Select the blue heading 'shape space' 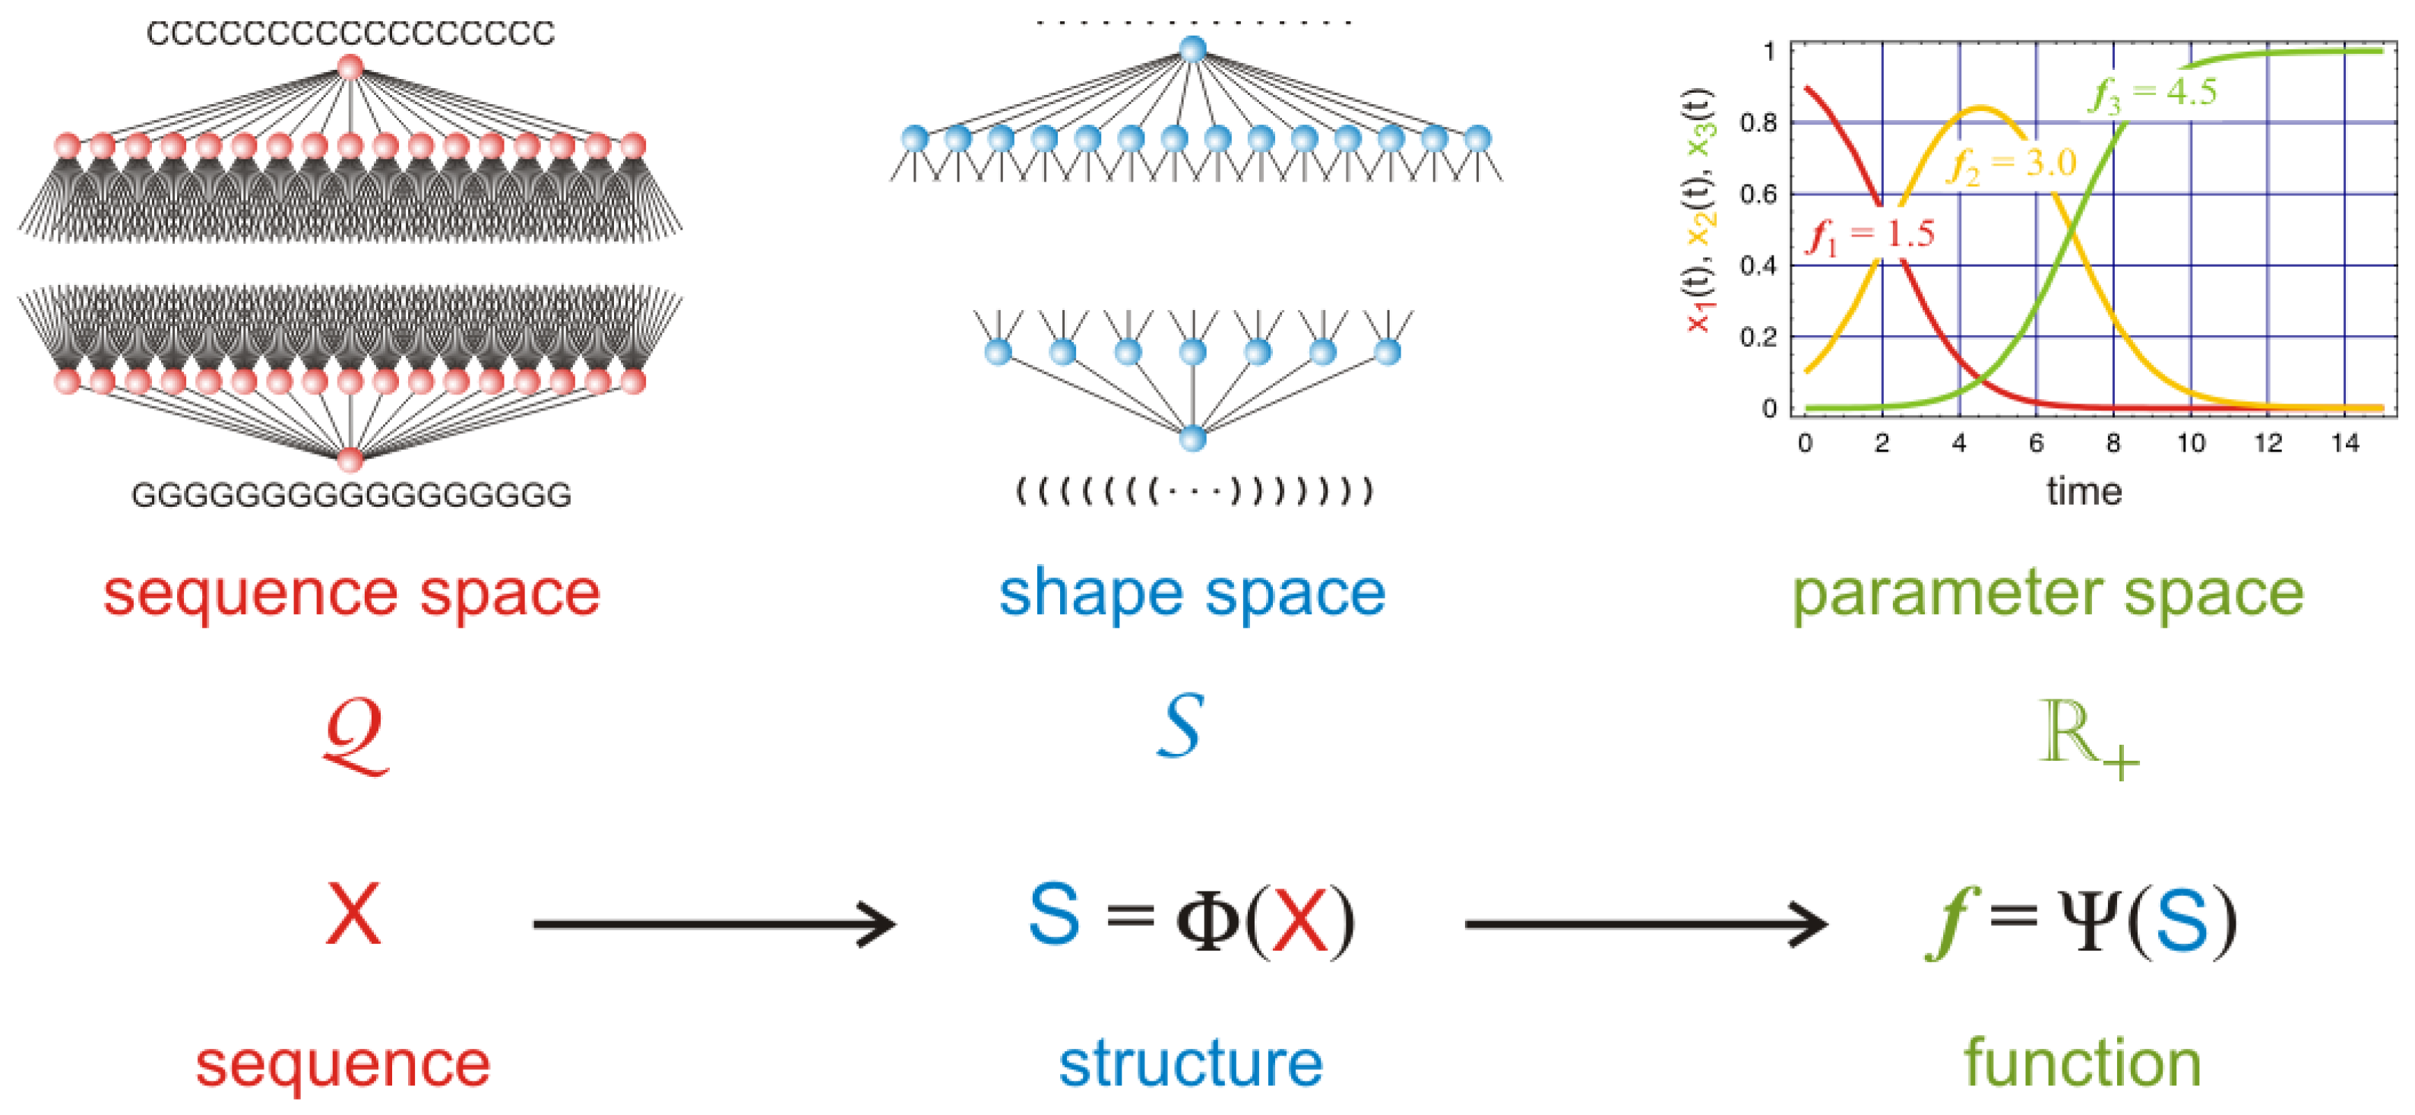tap(1192, 594)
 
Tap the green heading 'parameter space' tap(2047, 594)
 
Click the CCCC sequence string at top tap(350, 33)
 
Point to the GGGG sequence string tap(352, 494)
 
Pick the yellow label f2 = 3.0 tap(2013, 165)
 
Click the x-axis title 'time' tap(2083, 492)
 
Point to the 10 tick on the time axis tap(2190, 442)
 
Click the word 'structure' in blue tap(1191, 1063)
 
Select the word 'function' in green tap(2082, 1063)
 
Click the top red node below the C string tap(350, 68)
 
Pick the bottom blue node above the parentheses tap(1192, 438)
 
